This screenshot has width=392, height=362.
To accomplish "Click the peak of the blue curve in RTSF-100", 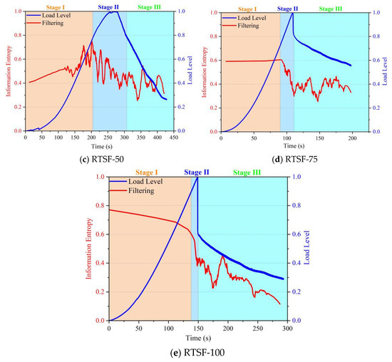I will click(x=197, y=177).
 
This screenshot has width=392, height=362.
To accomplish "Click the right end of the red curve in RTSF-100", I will click(x=279, y=304).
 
